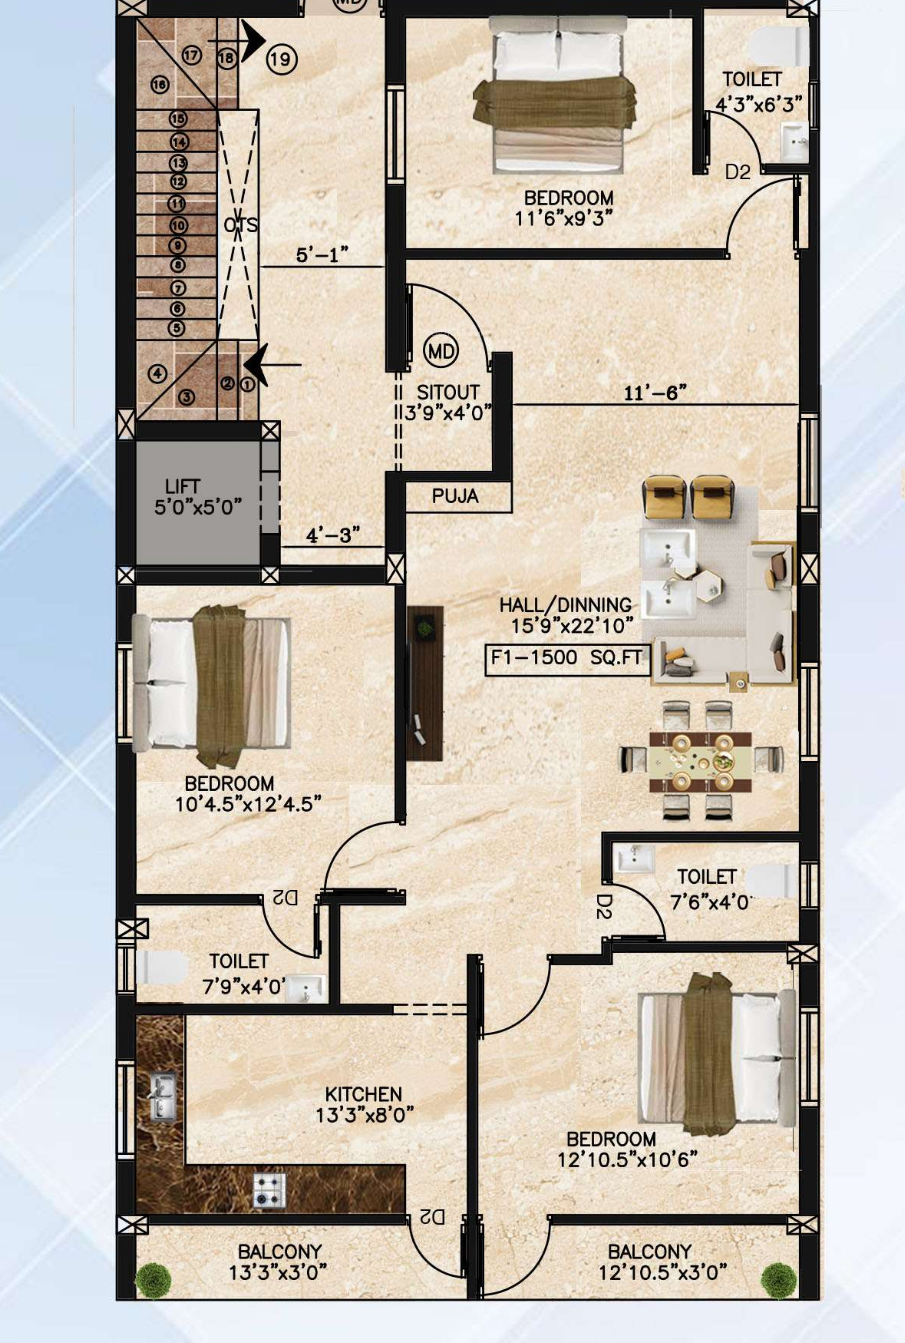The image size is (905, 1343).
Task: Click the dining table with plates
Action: (x=701, y=762)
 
